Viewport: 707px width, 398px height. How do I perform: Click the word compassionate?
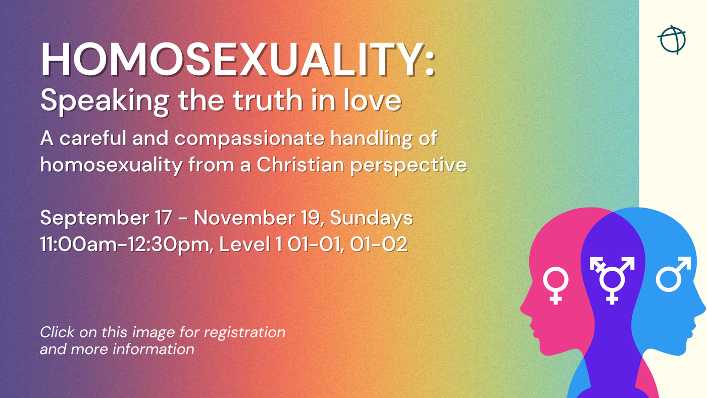(249, 139)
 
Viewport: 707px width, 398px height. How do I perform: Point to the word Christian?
(300, 165)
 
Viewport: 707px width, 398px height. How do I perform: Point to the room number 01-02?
(379, 244)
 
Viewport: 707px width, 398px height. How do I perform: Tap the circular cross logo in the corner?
(672, 40)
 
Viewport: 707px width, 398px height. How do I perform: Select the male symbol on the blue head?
(673, 274)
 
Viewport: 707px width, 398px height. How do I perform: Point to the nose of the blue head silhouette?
(703, 308)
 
